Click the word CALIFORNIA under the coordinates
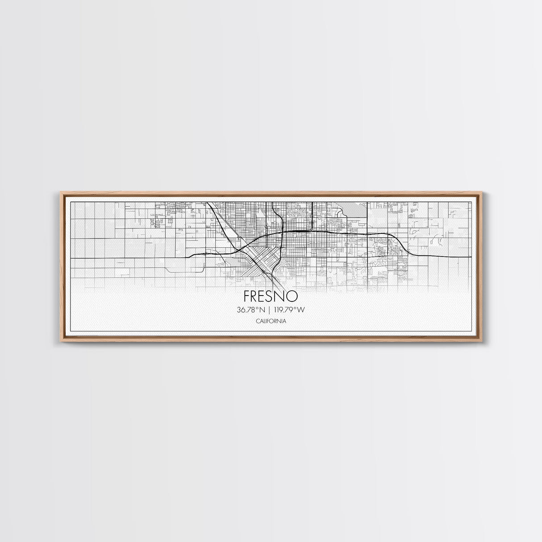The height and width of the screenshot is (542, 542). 271,321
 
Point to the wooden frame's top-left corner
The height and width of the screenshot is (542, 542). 61,192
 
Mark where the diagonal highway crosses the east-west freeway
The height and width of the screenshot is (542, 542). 242,247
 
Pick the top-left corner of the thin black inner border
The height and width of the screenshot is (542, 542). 71,202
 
